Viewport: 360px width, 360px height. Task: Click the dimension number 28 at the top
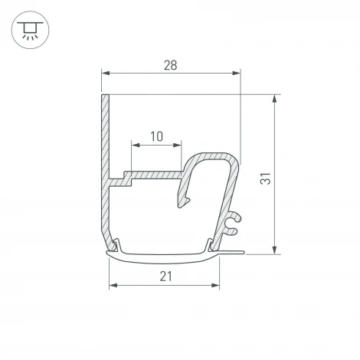point(171,65)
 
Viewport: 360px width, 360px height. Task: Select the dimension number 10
point(156,137)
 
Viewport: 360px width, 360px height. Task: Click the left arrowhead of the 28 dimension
point(106,74)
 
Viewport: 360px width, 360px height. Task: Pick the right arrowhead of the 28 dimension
point(236,74)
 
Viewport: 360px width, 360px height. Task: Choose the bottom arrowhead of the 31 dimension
point(274,249)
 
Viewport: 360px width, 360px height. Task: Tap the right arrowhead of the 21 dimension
point(214,285)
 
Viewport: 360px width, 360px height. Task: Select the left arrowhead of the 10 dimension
point(136,146)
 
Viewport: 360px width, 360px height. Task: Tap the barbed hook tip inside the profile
point(184,201)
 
